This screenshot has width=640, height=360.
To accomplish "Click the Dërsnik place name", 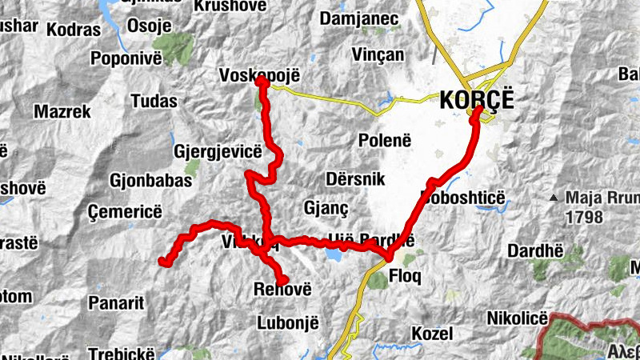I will coord(356,179).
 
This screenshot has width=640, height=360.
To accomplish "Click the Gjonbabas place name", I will coord(151,181).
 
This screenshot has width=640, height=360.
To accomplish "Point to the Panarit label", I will coord(116,303).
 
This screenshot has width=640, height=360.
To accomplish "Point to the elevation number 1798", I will coord(585,216).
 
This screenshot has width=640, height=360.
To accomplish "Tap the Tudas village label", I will coord(153,101).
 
